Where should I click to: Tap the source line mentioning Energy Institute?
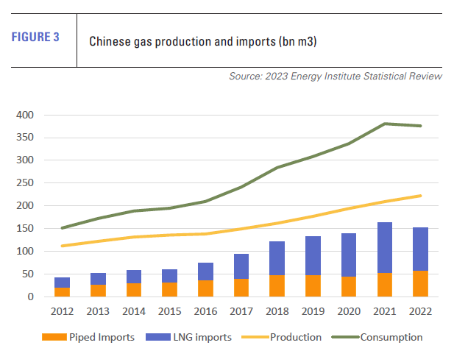pos(336,76)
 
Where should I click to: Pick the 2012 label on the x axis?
pos(62,311)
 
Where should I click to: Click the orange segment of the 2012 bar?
pos(62,292)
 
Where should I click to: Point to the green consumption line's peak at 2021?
pos(385,124)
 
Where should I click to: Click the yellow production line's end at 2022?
pos(419,196)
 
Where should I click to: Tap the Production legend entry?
pos(294,337)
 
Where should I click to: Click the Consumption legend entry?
pos(391,337)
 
